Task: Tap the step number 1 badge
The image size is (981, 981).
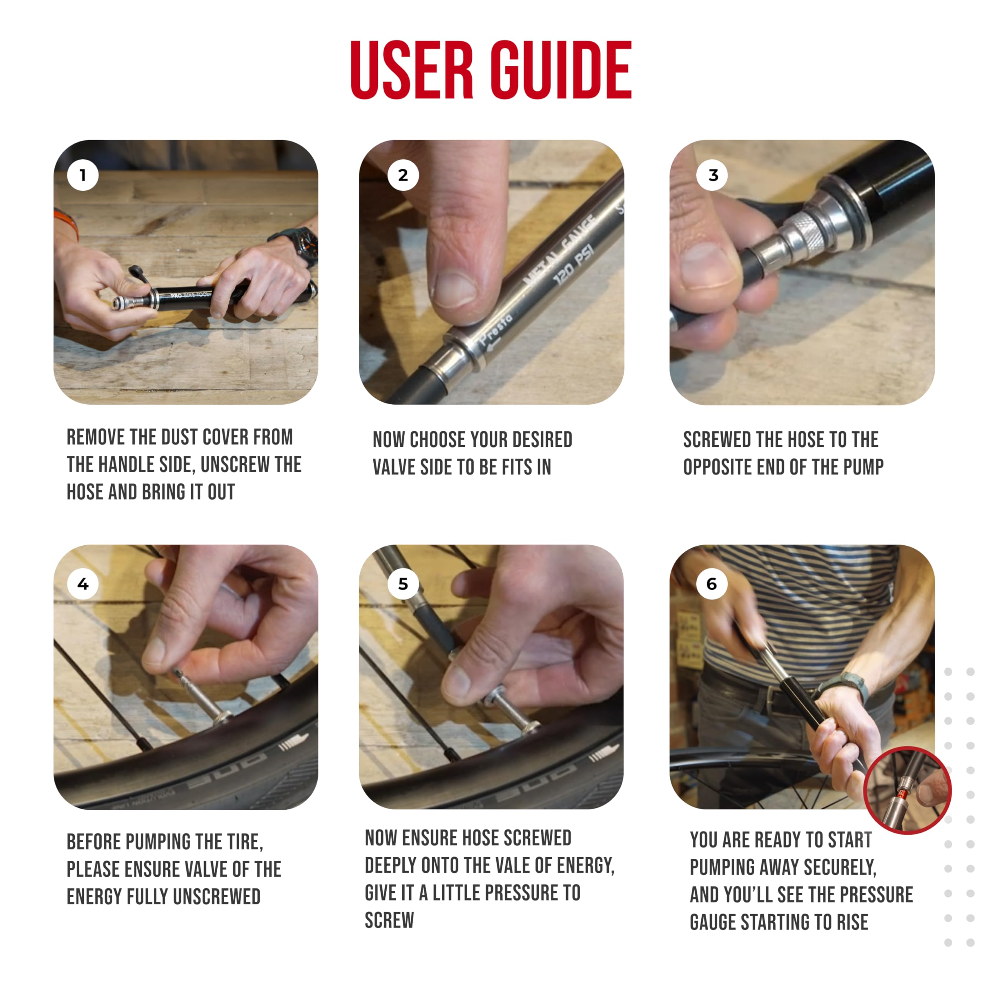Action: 83,175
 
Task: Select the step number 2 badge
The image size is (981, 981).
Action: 403,175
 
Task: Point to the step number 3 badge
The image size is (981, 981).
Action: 713,175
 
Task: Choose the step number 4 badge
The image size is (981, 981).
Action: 83,584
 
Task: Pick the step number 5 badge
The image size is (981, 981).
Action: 403,584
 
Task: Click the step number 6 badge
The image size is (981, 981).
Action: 712,584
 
